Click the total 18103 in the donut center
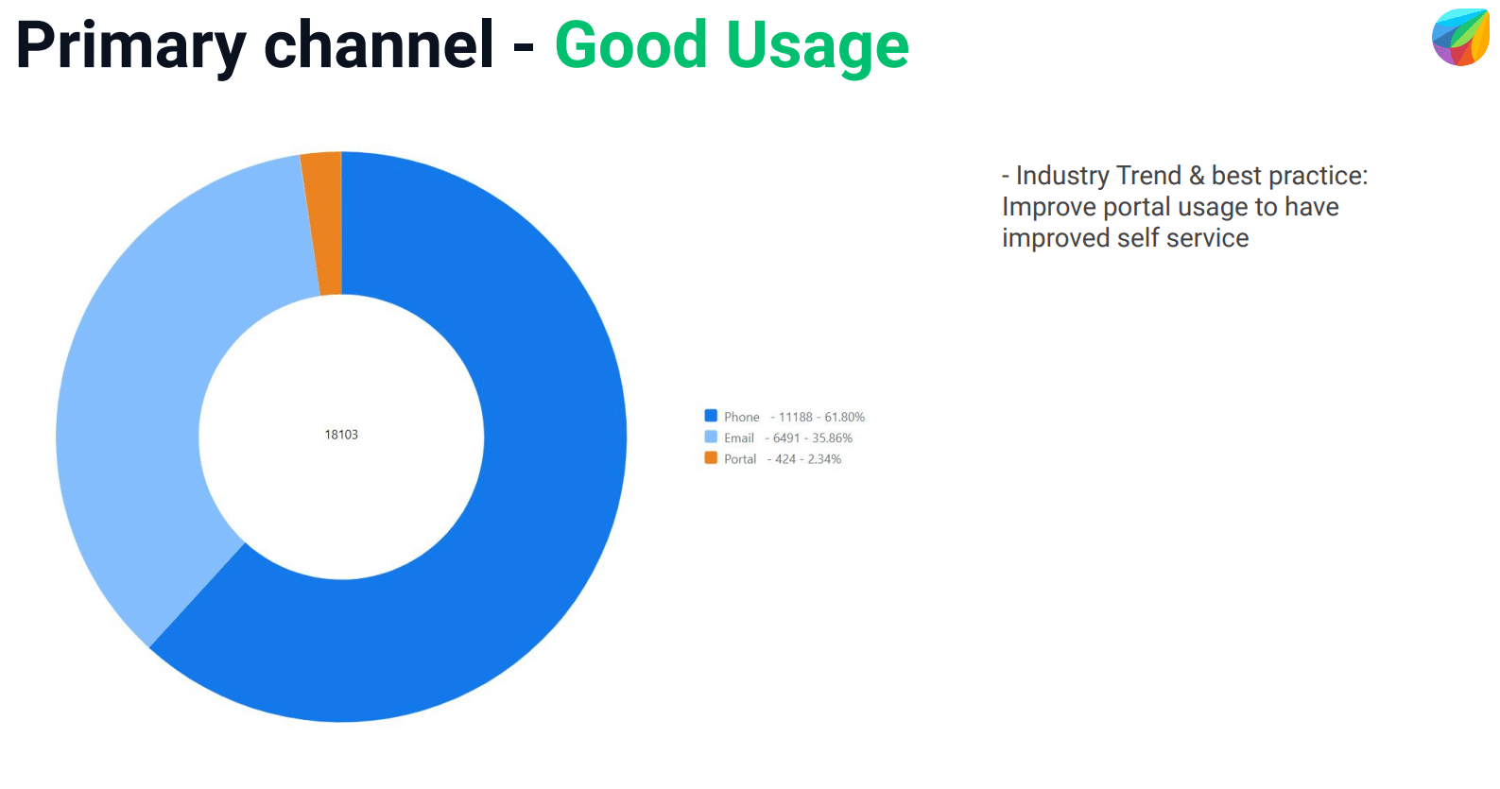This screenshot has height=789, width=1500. (x=341, y=435)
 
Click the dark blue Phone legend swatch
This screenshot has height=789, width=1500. (x=711, y=416)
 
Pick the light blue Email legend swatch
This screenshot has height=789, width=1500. (x=711, y=437)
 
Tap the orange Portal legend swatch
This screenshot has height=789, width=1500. (x=711, y=457)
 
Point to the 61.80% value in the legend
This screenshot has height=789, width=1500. (x=844, y=417)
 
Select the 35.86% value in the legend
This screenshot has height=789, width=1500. (x=833, y=438)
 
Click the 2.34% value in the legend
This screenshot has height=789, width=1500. (x=824, y=459)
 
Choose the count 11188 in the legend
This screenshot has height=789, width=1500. (x=796, y=417)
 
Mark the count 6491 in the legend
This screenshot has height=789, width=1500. (x=786, y=438)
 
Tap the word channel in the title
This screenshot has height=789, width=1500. (x=379, y=44)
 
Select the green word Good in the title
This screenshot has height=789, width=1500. (x=630, y=44)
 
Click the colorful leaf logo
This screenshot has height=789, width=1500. (x=1459, y=38)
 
